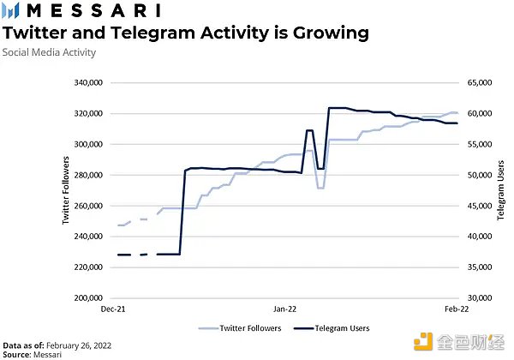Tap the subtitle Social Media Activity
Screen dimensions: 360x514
pyautogui.click(x=49, y=52)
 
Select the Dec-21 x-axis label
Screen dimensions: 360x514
pyautogui.click(x=113, y=306)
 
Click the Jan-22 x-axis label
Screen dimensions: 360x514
pyautogui.click(x=286, y=306)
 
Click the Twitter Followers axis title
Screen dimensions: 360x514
pyautogui.click(x=66, y=190)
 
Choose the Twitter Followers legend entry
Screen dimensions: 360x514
pyautogui.click(x=245, y=327)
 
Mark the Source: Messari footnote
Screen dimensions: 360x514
pyautogui.click(x=30, y=353)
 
